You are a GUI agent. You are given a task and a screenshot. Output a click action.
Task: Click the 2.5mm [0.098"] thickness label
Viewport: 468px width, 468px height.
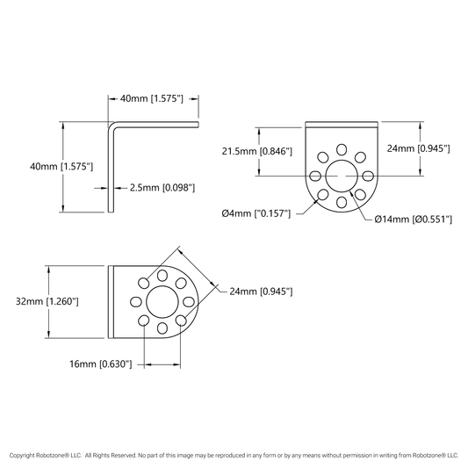pyautogui.click(x=162, y=188)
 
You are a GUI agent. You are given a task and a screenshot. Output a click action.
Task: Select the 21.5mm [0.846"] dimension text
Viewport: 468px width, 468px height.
pyautogui.click(x=256, y=151)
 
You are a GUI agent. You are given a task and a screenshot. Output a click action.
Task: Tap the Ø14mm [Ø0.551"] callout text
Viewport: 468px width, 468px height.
pyautogui.click(x=413, y=220)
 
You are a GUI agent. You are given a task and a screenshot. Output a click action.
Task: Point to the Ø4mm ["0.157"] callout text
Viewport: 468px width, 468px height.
pyautogui.click(x=256, y=213)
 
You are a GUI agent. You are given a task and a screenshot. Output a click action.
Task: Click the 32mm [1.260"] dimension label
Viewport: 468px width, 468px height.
pyautogui.click(x=47, y=301)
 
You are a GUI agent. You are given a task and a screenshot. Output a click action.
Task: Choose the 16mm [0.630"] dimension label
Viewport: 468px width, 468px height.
pyautogui.click(x=101, y=364)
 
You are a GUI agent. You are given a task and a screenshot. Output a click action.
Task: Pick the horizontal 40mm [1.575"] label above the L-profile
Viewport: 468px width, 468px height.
pyautogui.click(x=152, y=98)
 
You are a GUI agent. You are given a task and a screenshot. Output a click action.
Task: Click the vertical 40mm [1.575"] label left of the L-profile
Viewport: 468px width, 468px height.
pyautogui.click(x=61, y=167)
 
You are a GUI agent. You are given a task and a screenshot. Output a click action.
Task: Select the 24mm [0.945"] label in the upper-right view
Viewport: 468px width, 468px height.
pyautogui.click(x=418, y=148)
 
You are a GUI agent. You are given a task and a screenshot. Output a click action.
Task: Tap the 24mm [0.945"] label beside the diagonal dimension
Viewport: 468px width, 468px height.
pyautogui.click(x=261, y=292)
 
